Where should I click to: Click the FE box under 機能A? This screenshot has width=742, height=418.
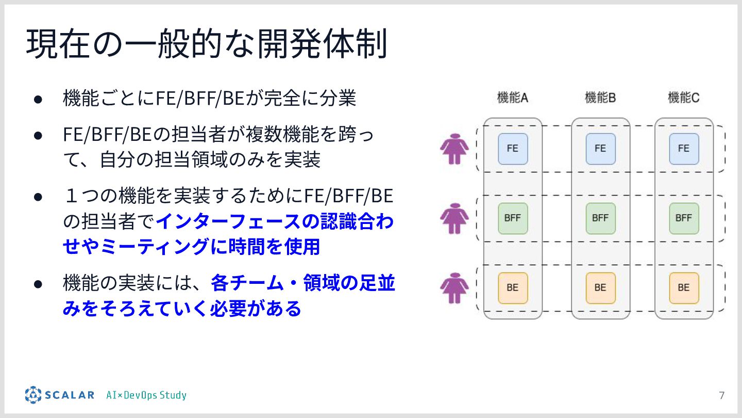[x=513, y=149]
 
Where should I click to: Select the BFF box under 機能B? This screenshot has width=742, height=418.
[x=600, y=218]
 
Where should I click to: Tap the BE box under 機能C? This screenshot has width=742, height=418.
[x=684, y=287]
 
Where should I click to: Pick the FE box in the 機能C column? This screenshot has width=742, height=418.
[x=684, y=149]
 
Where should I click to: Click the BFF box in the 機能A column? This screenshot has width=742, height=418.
[x=513, y=218]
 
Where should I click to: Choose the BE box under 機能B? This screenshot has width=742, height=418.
[x=600, y=287]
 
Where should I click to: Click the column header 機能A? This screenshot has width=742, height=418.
[x=512, y=98]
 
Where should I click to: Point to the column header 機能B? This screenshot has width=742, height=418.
[x=600, y=98]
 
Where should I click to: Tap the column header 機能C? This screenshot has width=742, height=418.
[x=684, y=98]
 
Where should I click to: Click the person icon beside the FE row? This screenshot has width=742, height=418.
[x=454, y=149]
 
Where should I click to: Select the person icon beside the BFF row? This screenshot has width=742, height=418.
[x=454, y=218]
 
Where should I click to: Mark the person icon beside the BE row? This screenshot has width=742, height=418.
[x=454, y=287]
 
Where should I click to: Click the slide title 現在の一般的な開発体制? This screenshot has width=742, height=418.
[x=206, y=44]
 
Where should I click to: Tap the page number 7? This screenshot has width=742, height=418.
[x=721, y=396]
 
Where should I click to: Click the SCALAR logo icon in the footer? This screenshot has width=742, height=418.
[x=33, y=395]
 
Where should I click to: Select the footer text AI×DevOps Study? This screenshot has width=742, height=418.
[x=146, y=396]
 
